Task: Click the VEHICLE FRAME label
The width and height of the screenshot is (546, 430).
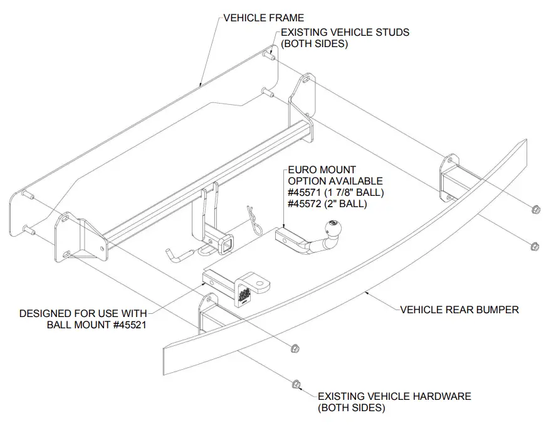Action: pyautogui.click(x=263, y=18)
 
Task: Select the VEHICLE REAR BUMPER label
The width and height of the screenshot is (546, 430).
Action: pyautogui.click(x=459, y=309)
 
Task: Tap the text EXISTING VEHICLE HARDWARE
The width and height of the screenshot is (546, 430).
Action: pyautogui.click(x=394, y=396)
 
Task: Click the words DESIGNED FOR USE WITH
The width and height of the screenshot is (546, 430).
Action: pyautogui.click(x=83, y=313)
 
